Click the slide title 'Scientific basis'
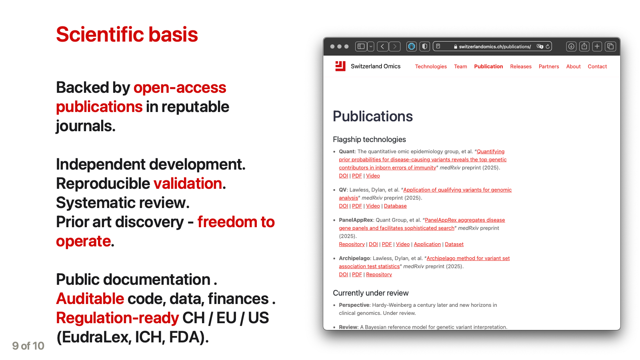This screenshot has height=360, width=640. tap(127, 34)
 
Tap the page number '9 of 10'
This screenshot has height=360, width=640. tap(28, 346)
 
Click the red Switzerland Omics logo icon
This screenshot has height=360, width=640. tap(340, 66)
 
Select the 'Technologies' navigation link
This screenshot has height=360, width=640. tap(431, 66)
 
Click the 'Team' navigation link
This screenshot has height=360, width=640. tap(460, 66)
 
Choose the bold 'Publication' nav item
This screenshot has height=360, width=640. tap(488, 66)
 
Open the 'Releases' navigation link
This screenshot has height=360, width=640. tap(521, 66)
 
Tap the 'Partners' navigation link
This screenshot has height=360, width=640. tap(549, 66)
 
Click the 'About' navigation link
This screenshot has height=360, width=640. tap(573, 66)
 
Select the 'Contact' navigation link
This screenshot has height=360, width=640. tap(597, 66)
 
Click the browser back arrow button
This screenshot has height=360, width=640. tap(382, 46)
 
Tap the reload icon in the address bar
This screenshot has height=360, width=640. tap(548, 46)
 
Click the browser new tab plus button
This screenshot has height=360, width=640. tap(597, 46)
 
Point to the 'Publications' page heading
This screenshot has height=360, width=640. tap(373, 116)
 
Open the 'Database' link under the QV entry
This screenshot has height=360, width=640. tap(395, 206)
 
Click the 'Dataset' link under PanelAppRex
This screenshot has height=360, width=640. tap(454, 244)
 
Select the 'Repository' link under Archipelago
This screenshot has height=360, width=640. tap(379, 274)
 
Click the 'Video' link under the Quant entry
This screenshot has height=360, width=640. tap(373, 176)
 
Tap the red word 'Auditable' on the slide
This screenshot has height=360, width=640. tap(90, 299)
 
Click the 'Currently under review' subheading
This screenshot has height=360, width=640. tap(371, 293)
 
